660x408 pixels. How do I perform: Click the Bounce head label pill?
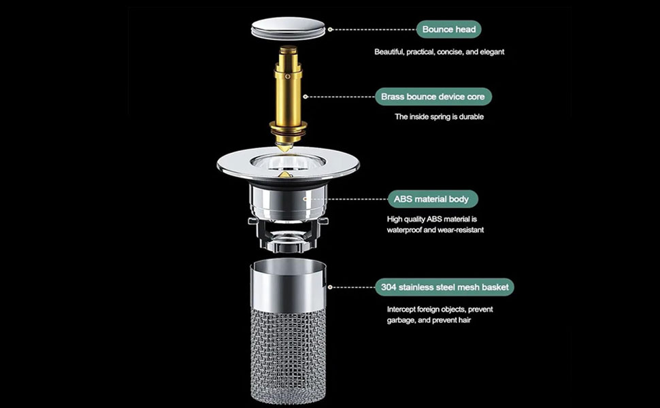coord(448,29)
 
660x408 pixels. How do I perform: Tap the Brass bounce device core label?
coord(433,97)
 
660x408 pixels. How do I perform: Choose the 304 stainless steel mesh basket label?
coord(444,287)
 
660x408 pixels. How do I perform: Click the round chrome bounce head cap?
coord(288,28)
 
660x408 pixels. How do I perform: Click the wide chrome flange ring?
coord(288,165)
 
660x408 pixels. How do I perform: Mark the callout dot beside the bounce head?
coord(331,29)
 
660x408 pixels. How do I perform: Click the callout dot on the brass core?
coord(306,97)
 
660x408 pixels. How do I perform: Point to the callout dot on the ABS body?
coord(306,199)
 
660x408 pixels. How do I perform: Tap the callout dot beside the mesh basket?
coord(331,287)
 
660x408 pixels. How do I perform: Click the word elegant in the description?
coord(492,52)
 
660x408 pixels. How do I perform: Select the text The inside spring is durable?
coord(439,117)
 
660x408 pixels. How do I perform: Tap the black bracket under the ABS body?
coord(288,235)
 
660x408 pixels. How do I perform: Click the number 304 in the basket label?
coord(389,287)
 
